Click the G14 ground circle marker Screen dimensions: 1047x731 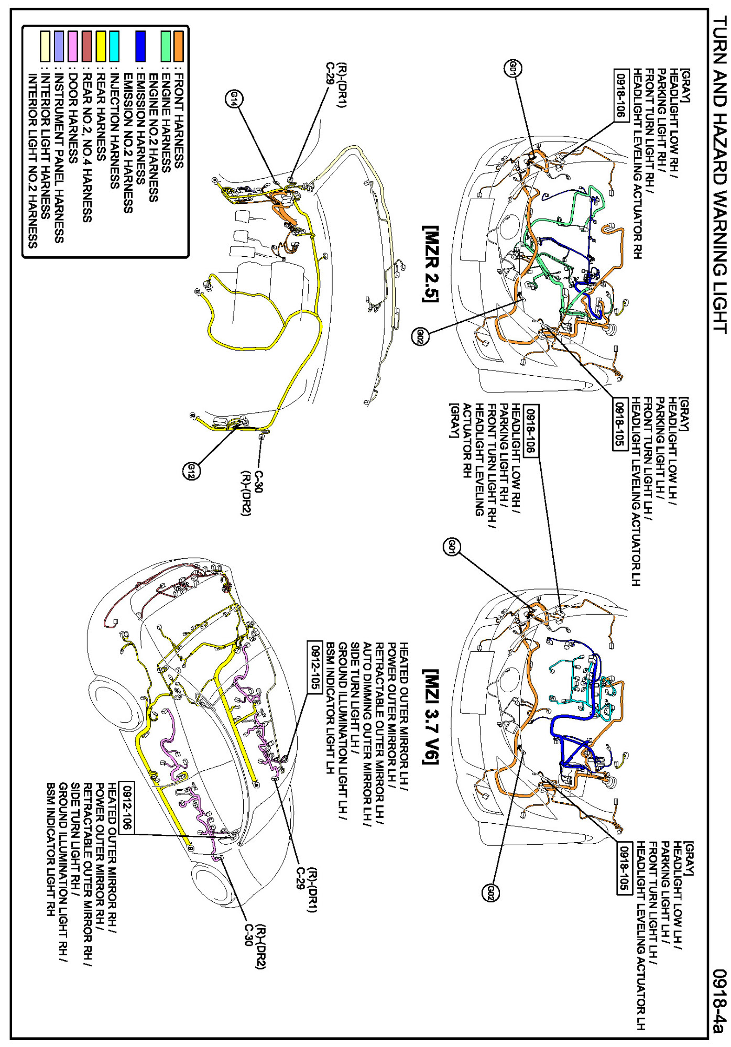[234, 99]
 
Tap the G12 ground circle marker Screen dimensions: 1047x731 [191, 471]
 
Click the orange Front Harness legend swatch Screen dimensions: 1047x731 [179, 47]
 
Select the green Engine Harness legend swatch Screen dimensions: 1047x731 [166, 47]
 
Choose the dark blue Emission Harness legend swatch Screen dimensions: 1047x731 [140, 47]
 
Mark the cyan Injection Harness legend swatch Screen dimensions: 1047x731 [114, 47]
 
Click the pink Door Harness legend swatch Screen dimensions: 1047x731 [73, 47]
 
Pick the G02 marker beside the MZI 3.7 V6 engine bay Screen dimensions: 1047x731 [490, 892]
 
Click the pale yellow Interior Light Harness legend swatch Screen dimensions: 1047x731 [46, 47]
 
